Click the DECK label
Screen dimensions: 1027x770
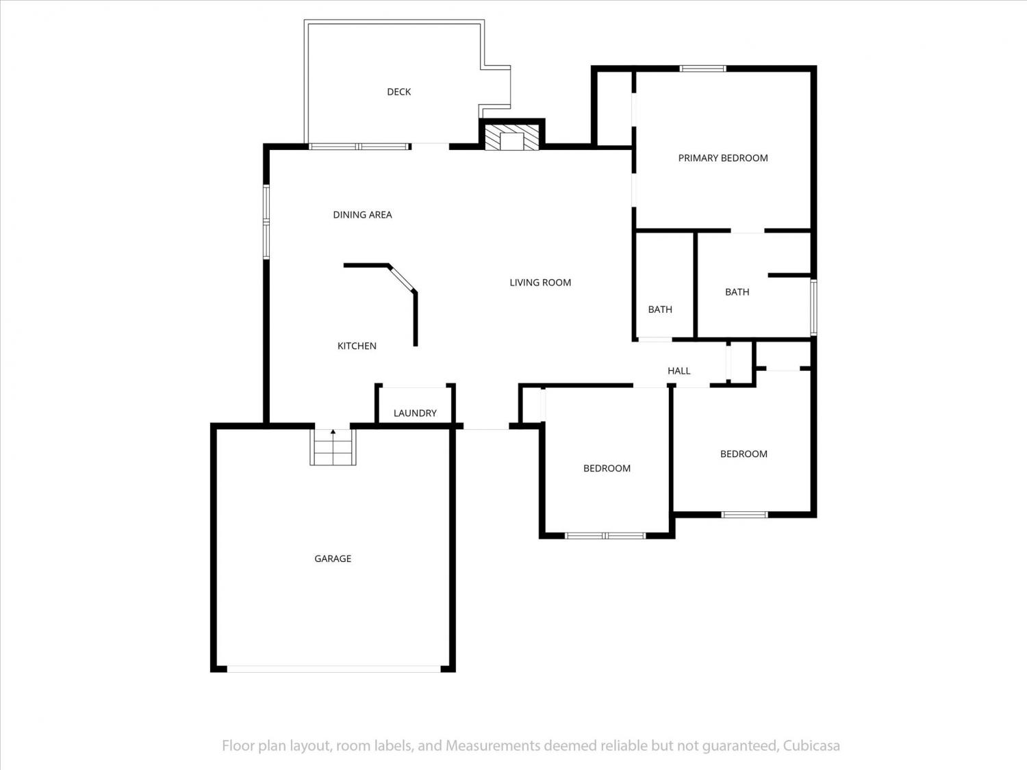click(398, 92)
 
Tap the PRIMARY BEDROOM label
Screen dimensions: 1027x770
click(723, 158)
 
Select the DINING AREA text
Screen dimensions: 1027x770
click(362, 215)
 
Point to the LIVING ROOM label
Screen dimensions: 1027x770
click(540, 283)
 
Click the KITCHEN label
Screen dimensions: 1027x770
click(357, 346)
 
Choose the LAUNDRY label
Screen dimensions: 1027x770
click(414, 413)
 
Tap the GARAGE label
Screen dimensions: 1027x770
click(333, 559)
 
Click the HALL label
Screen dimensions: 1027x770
click(679, 371)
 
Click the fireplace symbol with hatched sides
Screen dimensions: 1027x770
click(511, 137)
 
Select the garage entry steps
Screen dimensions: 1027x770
click(333, 447)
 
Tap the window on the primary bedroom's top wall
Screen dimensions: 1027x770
click(702, 68)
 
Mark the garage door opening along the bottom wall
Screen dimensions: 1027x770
click(333, 669)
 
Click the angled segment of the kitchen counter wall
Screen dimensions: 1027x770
click(402, 278)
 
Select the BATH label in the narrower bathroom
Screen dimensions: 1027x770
click(660, 309)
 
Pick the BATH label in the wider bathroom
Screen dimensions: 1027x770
click(737, 292)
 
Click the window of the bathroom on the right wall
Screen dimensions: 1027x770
click(813, 307)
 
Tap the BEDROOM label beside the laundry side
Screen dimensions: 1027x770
click(607, 468)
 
